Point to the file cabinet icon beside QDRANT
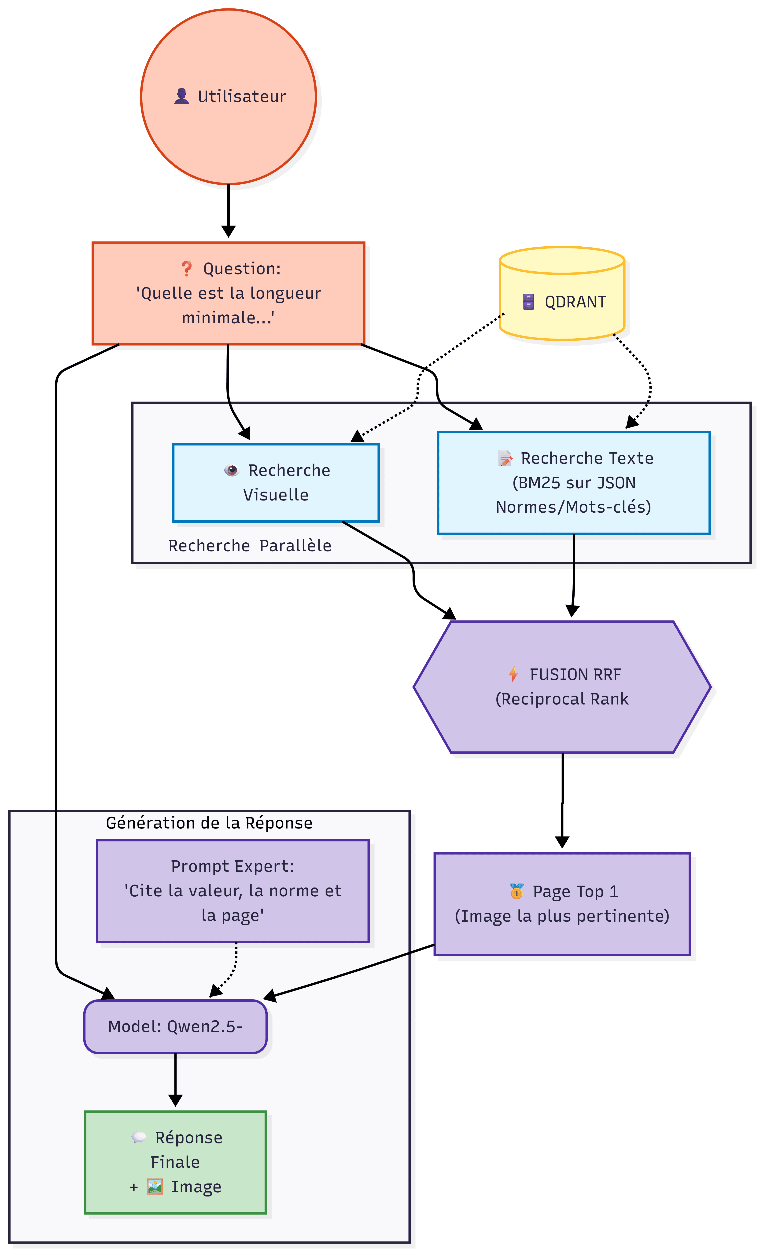[528, 302]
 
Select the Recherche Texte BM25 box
[573, 483]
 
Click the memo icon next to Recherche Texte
[505, 458]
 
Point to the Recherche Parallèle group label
[250, 546]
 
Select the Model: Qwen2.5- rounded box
[175, 1026]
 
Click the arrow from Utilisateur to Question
[228, 211]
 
